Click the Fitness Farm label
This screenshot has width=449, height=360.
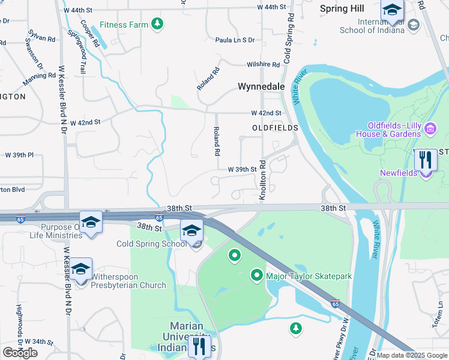coord(124,25)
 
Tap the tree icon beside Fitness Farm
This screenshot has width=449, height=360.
coord(157,24)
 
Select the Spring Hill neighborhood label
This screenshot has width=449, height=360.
coord(342,8)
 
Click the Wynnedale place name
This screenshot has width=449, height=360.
coord(261,86)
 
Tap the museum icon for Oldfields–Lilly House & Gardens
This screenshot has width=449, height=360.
coord(430,129)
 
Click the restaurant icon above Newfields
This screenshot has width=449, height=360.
coord(426,160)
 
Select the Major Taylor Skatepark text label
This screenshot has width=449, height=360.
coord(309,276)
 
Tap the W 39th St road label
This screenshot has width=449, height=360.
coord(242,170)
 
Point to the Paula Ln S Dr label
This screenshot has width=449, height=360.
coord(235,40)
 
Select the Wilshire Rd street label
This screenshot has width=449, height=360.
coord(263,65)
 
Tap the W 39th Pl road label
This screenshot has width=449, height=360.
coord(20,155)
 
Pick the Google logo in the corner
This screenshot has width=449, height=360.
coord(20,352)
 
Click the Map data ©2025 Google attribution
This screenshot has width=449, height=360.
coord(412,355)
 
